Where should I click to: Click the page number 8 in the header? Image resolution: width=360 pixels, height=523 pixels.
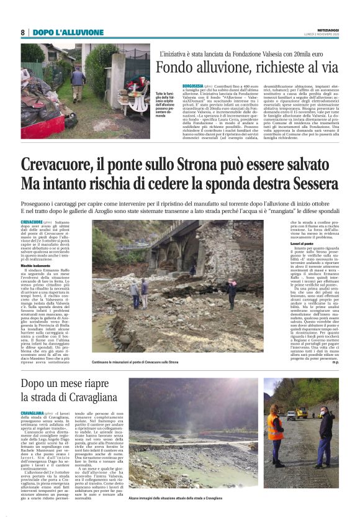coord(23,32)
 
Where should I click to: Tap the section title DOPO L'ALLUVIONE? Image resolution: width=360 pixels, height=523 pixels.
coord(60,32)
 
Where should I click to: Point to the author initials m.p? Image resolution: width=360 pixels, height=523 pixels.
coord(335,362)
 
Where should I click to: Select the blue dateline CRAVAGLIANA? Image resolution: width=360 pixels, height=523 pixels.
coord(32,413)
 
